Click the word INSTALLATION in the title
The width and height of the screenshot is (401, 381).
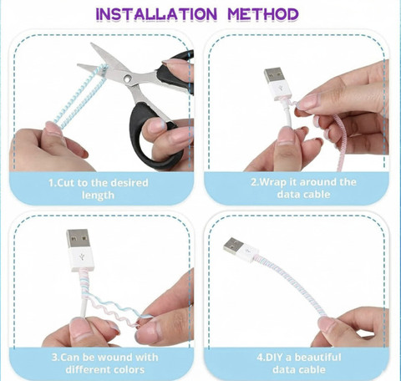[156, 14]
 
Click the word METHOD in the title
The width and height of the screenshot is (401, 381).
[263, 14]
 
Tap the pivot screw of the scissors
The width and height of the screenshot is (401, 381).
[128, 79]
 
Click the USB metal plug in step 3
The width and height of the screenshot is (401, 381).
[79, 238]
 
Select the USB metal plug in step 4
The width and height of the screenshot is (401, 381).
[233, 246]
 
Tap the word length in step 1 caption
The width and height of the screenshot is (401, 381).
[98, 196]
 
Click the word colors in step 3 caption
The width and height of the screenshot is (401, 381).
[129, 369]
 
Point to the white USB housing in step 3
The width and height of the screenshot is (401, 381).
[81, 259]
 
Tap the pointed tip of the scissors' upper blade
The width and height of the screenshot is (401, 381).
[91, 43]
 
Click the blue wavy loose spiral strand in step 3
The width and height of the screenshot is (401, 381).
[117, 305]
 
